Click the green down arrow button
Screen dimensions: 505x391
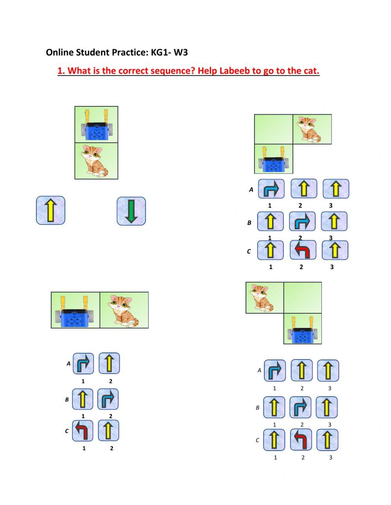pos(131,211)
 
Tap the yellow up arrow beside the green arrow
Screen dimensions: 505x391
pos(50,210)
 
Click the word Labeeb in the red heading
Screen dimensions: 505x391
pos(234,71)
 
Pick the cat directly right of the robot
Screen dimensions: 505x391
pos(124,310)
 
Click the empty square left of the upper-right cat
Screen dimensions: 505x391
pos(273,129)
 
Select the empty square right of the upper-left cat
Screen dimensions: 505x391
pos(303,298)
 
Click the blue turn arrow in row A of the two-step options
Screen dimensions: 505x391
pos(83,364)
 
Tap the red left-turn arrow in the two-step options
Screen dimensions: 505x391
pos(83,431)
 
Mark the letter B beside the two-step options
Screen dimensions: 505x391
pos(67,400)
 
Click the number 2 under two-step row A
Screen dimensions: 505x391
pos(111,381)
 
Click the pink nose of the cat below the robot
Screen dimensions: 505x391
pos(90,156)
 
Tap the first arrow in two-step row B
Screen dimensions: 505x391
pos(83,399)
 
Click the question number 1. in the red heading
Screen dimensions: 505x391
pos(61,71)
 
